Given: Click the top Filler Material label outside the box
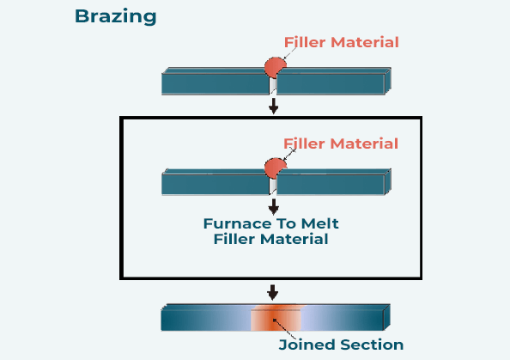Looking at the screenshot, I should (341, 42).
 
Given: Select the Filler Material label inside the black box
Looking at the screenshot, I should (341, 143).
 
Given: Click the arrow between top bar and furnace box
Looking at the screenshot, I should (274, 106).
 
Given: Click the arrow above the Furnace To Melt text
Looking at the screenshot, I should (274, 206).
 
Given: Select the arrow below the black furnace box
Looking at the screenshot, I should (273, 291).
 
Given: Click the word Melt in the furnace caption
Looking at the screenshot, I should (327, 223).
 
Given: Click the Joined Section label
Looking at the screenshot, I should (341, 345).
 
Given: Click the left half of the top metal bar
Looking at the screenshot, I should (215, 83).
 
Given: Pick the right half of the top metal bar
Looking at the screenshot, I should (331, 83).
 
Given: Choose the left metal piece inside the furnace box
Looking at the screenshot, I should (215, 184).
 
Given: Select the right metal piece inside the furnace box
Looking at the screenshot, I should (331, 184).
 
